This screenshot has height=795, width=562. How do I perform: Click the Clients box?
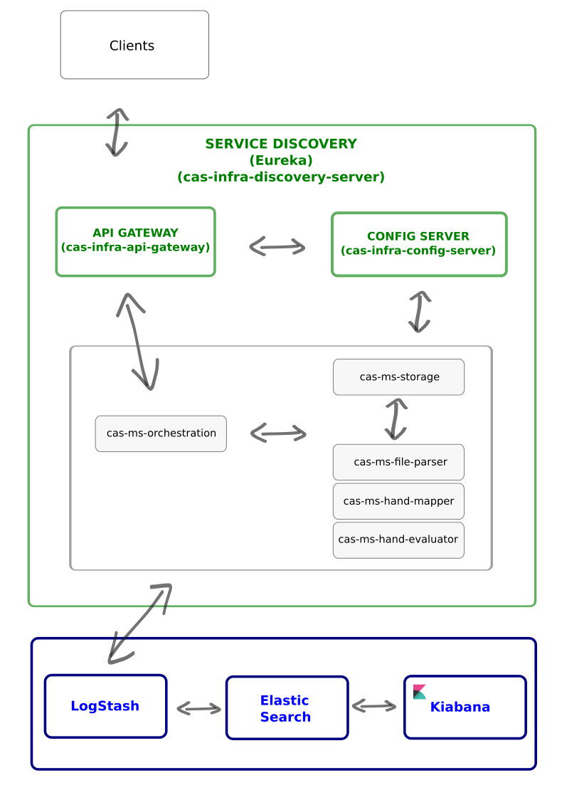coord(134,45)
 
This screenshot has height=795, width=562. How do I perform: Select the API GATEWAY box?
coord(135,241)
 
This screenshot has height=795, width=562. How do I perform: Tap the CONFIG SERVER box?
coord(418,244)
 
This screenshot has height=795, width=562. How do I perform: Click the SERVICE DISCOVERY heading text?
coord(281,144)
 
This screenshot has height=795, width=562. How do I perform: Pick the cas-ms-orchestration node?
coord(161,433)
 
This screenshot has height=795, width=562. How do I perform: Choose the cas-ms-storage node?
coord(398,377)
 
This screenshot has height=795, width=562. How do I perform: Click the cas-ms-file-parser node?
coord(398,462)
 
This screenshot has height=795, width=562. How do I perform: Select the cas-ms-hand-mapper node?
coord(398,501)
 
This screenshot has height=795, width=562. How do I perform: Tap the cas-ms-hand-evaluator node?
coord(398,539)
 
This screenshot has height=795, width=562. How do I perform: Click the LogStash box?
coord(105,706)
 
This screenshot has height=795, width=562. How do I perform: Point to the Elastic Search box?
coord(287,708)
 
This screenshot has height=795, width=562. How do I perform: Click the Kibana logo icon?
coord(420,692)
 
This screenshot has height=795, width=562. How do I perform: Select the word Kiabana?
coord(460,707)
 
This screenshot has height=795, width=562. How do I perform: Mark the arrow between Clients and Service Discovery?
coord(117,132)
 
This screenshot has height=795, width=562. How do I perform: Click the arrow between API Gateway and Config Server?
coord(277,247)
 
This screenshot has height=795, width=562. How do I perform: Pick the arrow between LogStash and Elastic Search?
coord(198,708)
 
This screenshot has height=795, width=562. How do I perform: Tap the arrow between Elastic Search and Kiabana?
coord(374,706)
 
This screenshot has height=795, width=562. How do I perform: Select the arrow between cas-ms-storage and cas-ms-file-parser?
coord(396,419)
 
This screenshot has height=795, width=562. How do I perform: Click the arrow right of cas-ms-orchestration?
coord(278,433)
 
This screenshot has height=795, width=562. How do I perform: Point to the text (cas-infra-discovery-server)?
coord(281,177)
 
